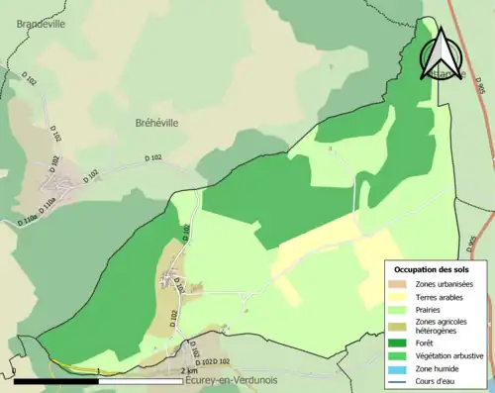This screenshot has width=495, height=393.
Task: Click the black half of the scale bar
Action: coord(57,380)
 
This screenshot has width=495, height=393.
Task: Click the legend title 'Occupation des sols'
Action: coord(432,269)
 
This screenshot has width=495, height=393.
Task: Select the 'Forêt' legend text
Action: coord(427,343)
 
